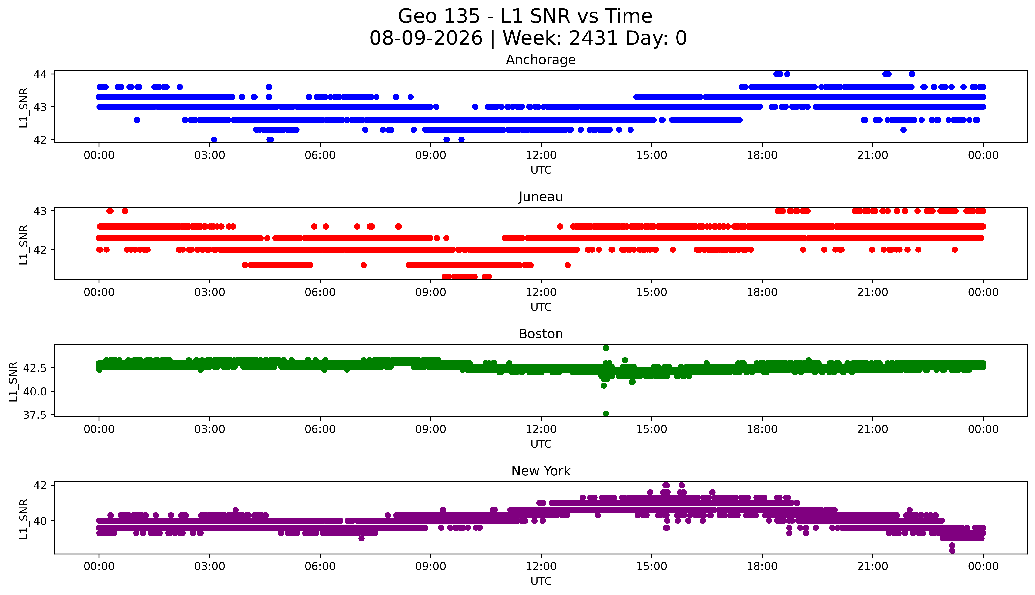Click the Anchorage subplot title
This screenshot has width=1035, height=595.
click(x=541, y=60)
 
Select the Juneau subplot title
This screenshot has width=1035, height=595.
click(x=541, y=197)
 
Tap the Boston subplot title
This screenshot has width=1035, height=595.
click(x=541, y=334)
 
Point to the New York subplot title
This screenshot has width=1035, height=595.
click(x=541, y=471)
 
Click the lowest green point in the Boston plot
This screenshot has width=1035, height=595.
click(x=606, y=414)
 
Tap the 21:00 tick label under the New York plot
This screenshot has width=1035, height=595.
click(x=873, y=566)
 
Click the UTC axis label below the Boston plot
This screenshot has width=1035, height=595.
click(x=541, y=444)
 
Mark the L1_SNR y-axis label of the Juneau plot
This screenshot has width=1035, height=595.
click(x=24, y=245)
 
